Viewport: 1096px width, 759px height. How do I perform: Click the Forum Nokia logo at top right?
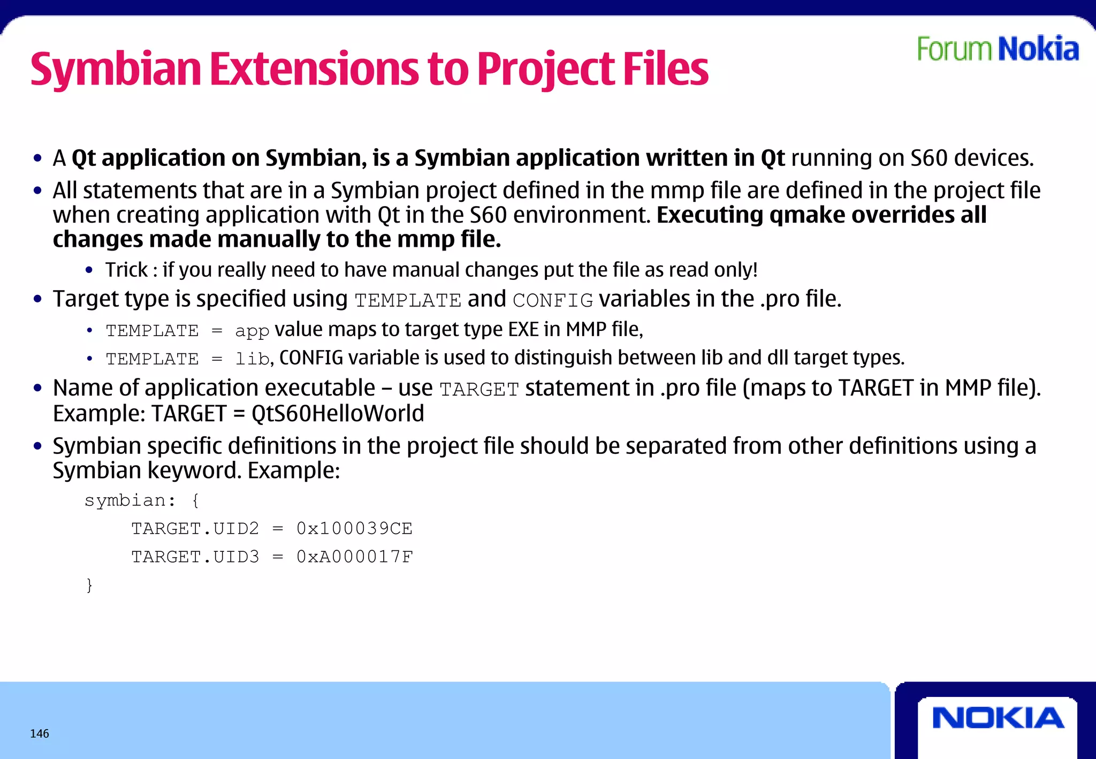pos(998,49)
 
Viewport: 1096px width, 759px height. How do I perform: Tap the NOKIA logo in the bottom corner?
pos(998,718)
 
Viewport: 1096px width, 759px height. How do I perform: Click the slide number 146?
pos(40,733)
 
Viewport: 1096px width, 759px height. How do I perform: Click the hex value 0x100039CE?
pos(354,529)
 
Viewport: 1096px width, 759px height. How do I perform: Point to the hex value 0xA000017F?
pos(354,557)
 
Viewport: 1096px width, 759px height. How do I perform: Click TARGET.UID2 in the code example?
pos(195,529)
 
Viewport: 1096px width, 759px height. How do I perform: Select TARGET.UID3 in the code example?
pos(195,557)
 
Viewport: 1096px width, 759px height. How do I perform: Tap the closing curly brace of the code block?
pos(89,585)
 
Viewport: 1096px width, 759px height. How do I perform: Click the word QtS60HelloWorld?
pos(338,414)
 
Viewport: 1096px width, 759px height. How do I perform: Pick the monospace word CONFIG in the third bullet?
pos(553,300)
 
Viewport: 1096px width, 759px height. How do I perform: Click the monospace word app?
pos(252,331)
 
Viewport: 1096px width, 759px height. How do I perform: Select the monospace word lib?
pos(252,359)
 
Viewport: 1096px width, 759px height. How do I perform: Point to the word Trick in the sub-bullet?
pos(126,270)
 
